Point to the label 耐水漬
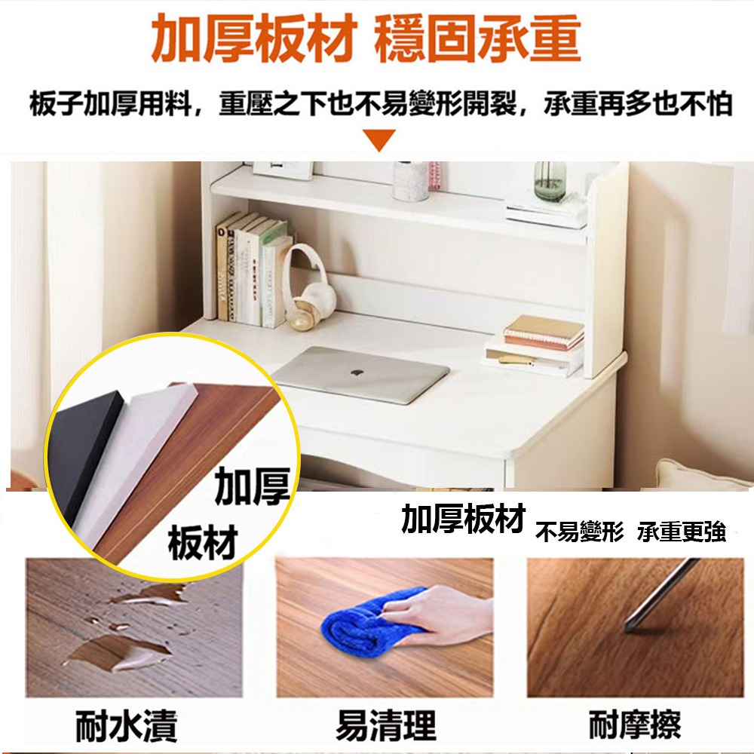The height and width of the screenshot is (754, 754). (127, 726)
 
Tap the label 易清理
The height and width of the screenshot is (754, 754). (385, 726)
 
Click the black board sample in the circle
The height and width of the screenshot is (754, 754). (83, 452)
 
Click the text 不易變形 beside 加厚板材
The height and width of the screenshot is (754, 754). (579, 534)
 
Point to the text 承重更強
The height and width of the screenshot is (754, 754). (681, 534)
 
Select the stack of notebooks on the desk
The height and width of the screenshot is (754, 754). (543, 333)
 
